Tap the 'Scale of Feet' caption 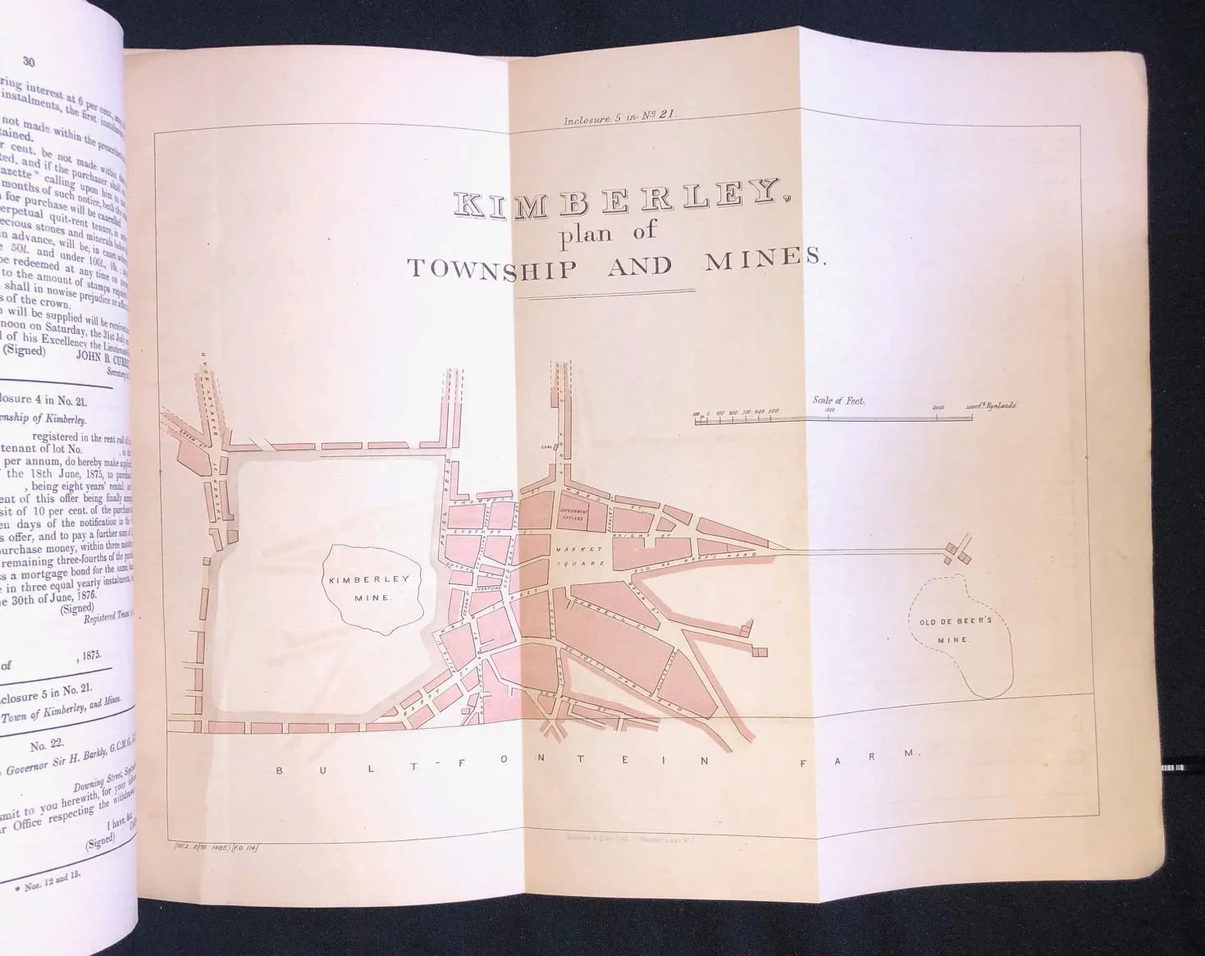838,400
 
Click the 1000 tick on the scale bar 828,410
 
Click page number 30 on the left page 29,60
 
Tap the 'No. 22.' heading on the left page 50,746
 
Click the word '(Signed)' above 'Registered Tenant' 78,608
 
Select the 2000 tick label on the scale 938,408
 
